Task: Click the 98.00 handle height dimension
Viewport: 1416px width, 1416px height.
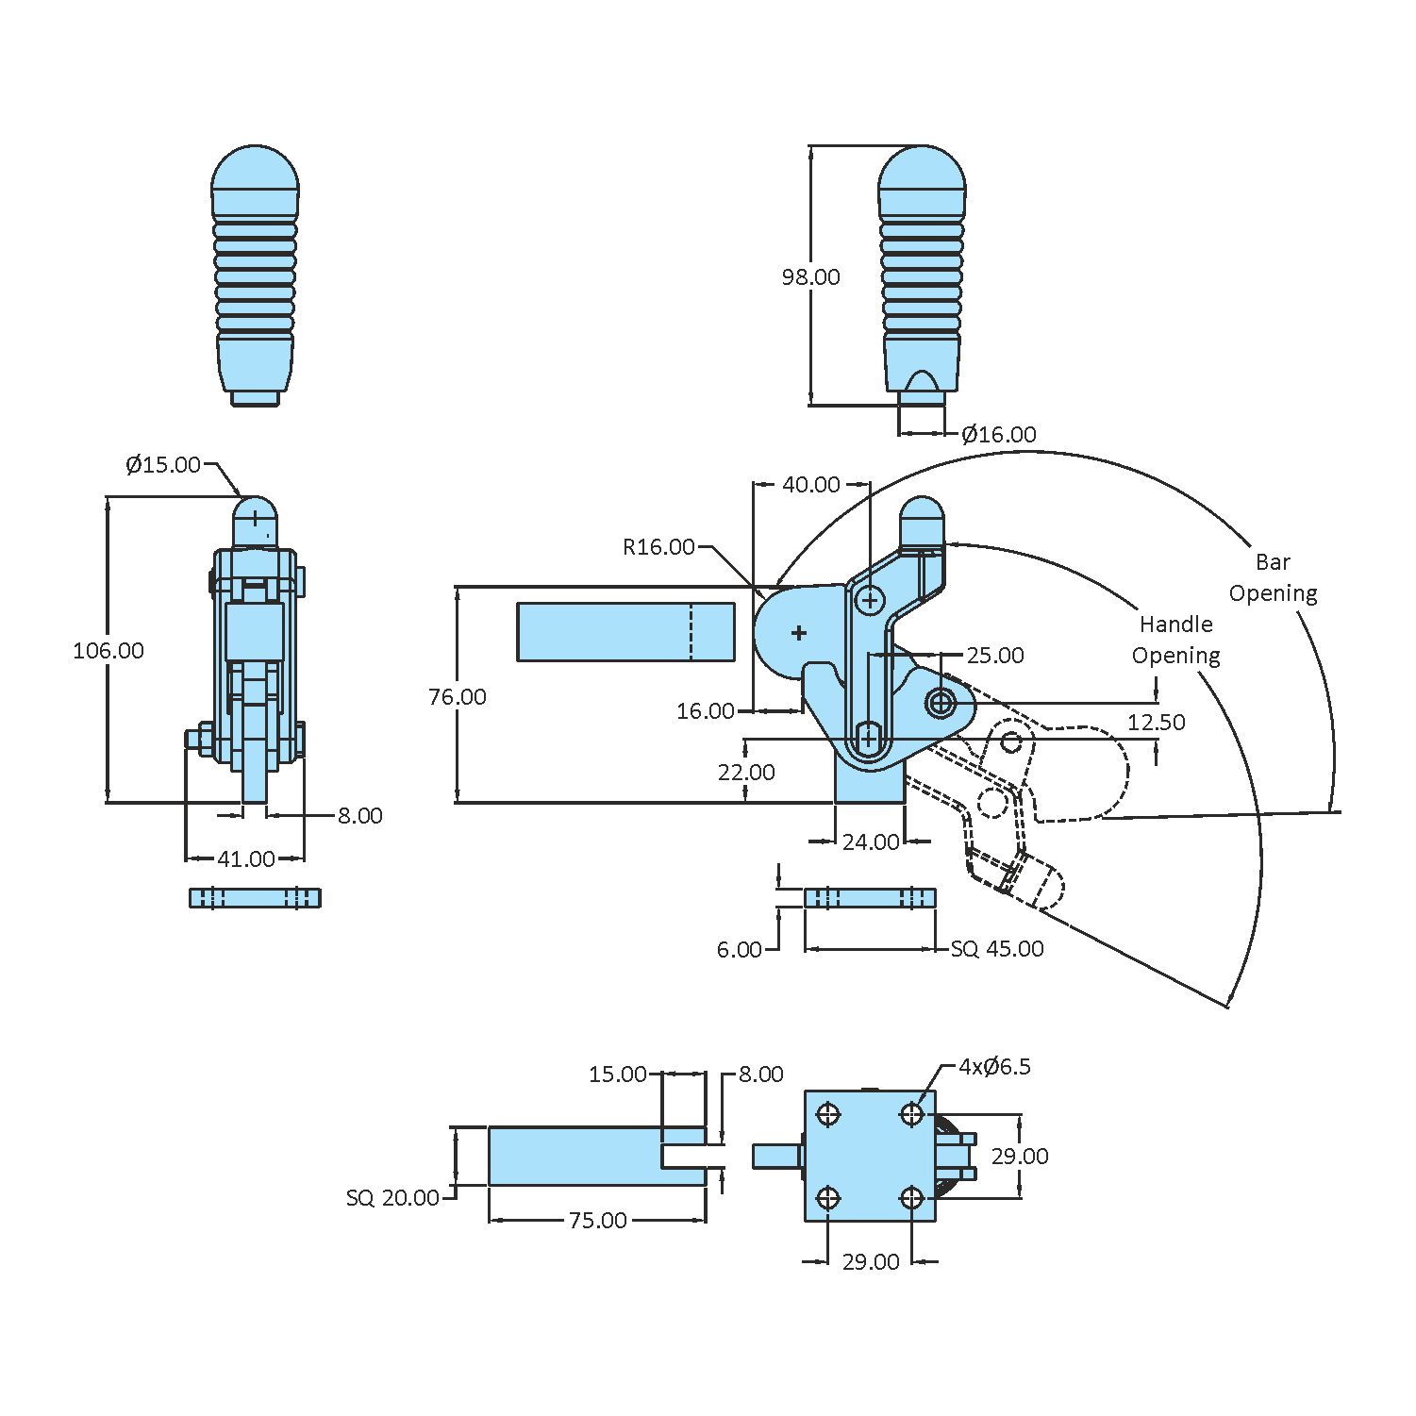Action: point(810,276)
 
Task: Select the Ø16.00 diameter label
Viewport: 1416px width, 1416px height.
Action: point(998,434)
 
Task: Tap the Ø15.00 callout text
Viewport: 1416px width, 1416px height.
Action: point(163,464)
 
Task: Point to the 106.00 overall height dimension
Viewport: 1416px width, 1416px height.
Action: point(108,650)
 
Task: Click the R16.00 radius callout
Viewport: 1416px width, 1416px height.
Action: point(658,546)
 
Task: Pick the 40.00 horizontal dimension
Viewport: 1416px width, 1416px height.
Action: point(811,484)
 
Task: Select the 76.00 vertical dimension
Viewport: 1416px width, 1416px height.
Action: point(458,696)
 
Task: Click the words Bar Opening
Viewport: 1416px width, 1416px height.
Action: point(1273,577)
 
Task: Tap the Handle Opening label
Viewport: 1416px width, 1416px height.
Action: point(1175,640)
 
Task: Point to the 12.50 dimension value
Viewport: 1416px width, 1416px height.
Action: point(1157,722)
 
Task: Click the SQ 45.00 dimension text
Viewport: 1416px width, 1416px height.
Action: point(997,948)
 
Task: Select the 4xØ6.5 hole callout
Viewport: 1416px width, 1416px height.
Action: point(994,1066)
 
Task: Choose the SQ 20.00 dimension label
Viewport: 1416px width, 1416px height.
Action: point(392,1197)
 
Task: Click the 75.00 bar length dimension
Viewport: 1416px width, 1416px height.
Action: point(597,1220)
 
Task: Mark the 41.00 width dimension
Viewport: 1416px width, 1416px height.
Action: point(246,858)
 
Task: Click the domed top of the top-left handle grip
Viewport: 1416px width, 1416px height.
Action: point(255,168)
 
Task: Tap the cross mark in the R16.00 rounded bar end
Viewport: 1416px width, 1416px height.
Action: point(799,632)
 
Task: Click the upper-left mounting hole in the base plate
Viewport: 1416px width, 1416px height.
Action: point(829,1114)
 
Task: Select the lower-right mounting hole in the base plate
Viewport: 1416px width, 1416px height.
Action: point(911,1198)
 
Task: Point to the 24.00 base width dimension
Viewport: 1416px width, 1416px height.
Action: point(870,841)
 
